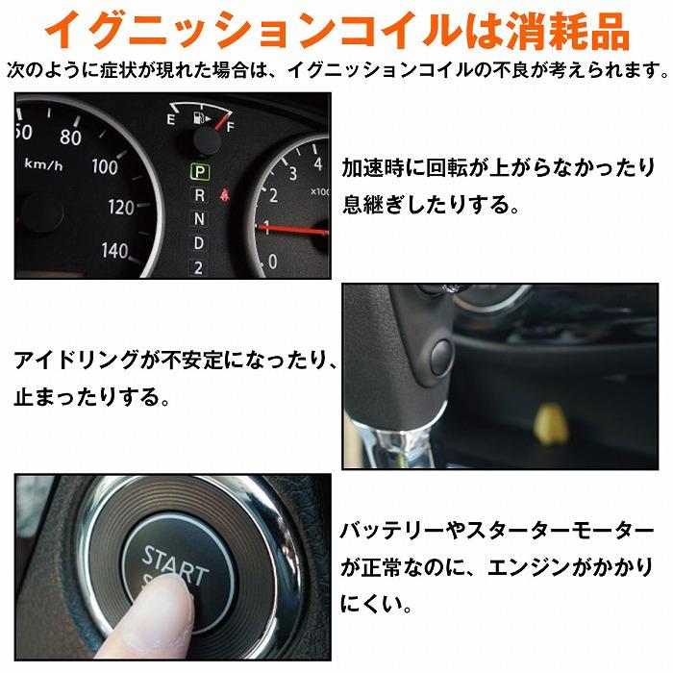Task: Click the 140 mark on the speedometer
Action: coord(114,251)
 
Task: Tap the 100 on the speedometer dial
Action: coord(104,166)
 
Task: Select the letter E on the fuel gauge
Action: coord(170,120)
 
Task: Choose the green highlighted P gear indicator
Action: coord(199,172)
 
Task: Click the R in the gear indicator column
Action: coord(199,195)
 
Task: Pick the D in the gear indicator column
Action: coord(199,242)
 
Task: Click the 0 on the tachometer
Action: coord(273,260)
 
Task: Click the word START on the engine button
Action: coord(174,563)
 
